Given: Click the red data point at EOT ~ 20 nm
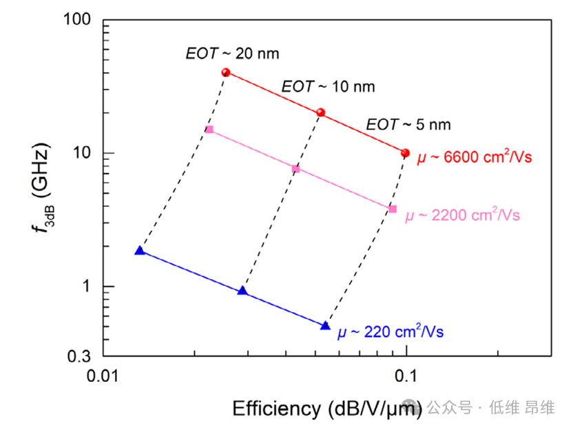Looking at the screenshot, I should pyautogui.click(x=225, y=72).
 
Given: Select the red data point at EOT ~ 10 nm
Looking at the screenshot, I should pyautogui.click(x=320, y=112).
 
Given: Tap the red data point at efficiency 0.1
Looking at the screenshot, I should pyautogui.click(x=405, y=153).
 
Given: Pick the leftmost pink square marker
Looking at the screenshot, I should pyautogui.click(x=209, y=130).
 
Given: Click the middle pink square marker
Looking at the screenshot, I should pyautogui.click(x=296, y=169).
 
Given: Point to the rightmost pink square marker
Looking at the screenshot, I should pyautogui.click(x=393, y=209).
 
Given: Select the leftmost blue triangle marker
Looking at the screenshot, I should pyautogui.click(x=140, y=251).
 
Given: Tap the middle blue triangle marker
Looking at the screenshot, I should pyautogui.click(x=242, y=291).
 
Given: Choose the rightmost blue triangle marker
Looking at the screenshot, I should pyautogui.click(x=326, y=325).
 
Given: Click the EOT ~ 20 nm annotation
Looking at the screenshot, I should pyautogui.click(x=232, y=52).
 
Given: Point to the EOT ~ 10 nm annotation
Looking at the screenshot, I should pyautogui.click(x=328, y=87).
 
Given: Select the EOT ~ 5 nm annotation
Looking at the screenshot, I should pyautogui.click(x=408, y=125).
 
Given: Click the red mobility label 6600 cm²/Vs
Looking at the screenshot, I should pyautogui.click(x=475, y=158).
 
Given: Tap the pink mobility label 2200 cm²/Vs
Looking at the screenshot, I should pyautogui.click(x=461, y=216).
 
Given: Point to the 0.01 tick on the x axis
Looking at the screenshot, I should pyautogui.click(x=103, y=376).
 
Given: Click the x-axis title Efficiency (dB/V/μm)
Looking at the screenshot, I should pyautogui.click(x=327, y=408).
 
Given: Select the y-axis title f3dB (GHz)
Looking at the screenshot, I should pyautogui.click(x=42, y=186).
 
